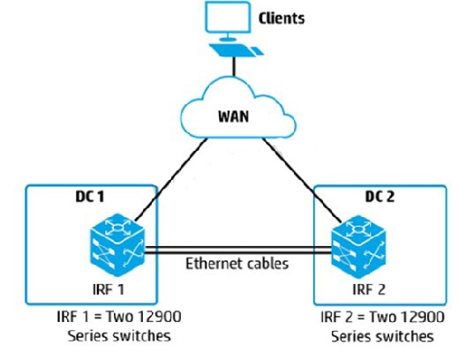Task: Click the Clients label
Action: [x=282, y=19]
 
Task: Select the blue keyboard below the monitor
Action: [x=237, y=50]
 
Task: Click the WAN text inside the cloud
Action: [x=234, y=116]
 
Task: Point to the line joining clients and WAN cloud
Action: [x=234, y=66]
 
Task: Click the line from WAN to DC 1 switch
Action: [x=171, y=179]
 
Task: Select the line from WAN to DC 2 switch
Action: [x=303, y=179]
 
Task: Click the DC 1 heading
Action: [x=90, y=197]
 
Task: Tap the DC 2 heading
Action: [x=380, y=197]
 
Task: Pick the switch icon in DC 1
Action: [x=117, y=244]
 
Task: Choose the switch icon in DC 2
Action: [x=358, y=246]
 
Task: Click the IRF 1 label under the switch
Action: [x=109, y=289]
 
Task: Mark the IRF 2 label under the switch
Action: [x=369, y=289]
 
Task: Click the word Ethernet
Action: [x=214, y=263]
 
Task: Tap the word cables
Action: [x=267, y=263]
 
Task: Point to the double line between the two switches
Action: [x=238, y=251]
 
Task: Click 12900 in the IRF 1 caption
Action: [x=160, y=317]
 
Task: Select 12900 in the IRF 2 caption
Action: [x=423, y=317]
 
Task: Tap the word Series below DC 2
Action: [x=350, y=336]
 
